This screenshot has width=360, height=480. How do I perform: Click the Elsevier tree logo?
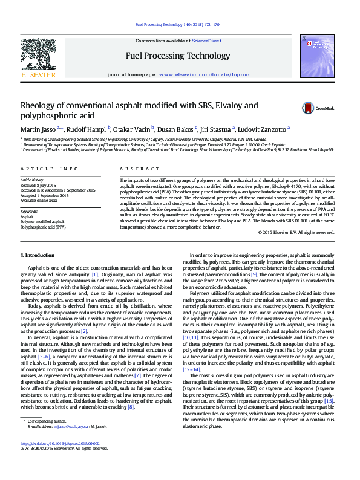click(x=39, y=56)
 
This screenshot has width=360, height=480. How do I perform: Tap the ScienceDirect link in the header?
click(x=206, y=41)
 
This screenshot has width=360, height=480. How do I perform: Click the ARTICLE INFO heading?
click(x=49, y=169)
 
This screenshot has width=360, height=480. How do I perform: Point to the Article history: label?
click(x=33, y=180)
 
